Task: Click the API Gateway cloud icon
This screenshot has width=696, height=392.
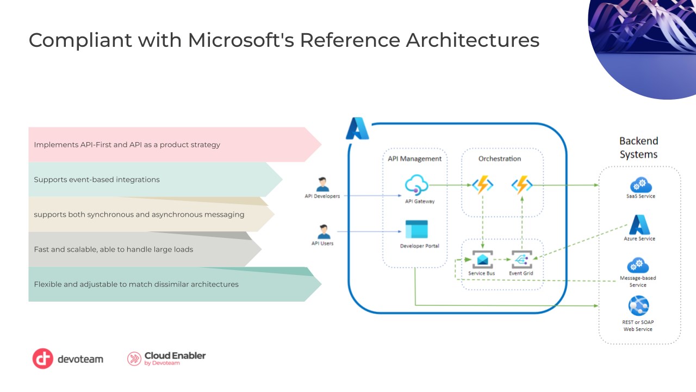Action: click(x=416, y=185)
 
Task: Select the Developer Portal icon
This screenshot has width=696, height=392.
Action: click(x=416, y=229)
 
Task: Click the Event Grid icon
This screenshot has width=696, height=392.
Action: click(x=521, y=259)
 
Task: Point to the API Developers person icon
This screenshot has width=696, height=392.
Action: click(x=323, y=184)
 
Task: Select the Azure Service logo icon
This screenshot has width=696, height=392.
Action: click(x=639, y=224)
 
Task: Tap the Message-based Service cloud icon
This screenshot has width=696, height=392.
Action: click(x=638, y=265)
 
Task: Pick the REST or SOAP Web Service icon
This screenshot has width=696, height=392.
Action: click(x=638, y=306)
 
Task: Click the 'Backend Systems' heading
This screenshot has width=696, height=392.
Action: click(x=638, y=148)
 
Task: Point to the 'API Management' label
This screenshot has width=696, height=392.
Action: click(x=414, y=158)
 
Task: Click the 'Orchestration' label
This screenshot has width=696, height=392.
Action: click(x=499, y=158)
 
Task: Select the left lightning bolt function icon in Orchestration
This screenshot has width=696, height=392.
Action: click(x=482, y=185)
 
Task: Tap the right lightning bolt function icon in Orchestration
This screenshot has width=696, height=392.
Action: click(x=522, y=185)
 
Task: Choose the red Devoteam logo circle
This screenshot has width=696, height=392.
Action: click(x=42, y=359)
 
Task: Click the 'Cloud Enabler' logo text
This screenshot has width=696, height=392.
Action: click(x=175, y=356)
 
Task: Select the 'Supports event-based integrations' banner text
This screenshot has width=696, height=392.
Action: click(x=97, y=180)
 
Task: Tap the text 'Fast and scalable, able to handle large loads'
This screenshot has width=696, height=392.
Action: click(x=114, y=249)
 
